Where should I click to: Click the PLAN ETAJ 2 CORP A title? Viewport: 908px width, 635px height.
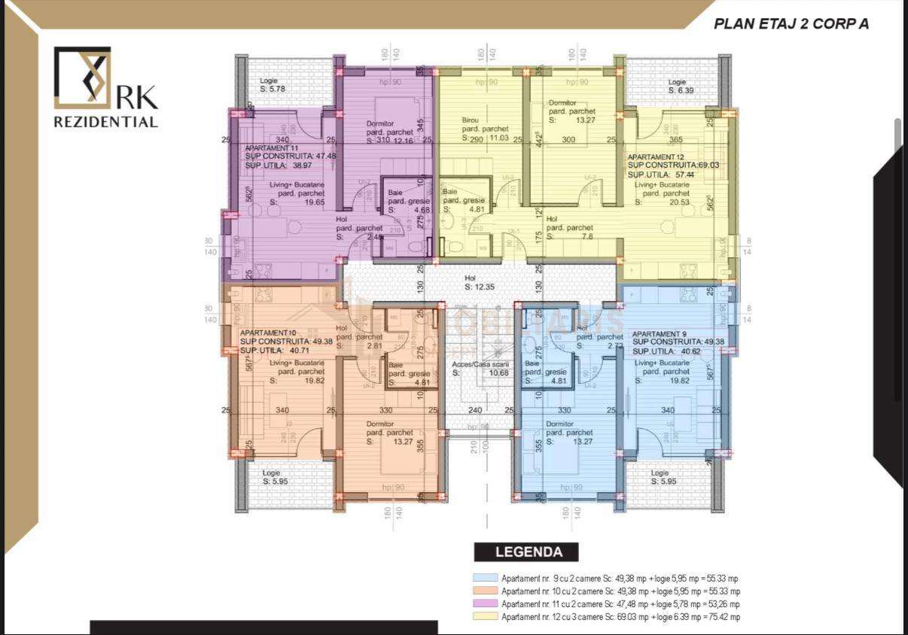click(x=791, y=23)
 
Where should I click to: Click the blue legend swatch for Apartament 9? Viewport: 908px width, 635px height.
click(x=486, y=578)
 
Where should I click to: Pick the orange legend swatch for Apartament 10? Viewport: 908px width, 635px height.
click(x=486, y=591)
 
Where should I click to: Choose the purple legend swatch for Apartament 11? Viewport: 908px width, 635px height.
click(x=486, y=604)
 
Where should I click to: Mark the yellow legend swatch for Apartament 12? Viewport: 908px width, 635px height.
click(x=486, y=617)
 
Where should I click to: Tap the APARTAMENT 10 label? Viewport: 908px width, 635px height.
click(x=267, y=333)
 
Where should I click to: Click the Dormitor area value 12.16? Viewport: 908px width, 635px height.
click(x=404, y=141)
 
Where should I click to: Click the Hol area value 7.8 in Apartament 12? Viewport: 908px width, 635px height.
click(x=587, y=236)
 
